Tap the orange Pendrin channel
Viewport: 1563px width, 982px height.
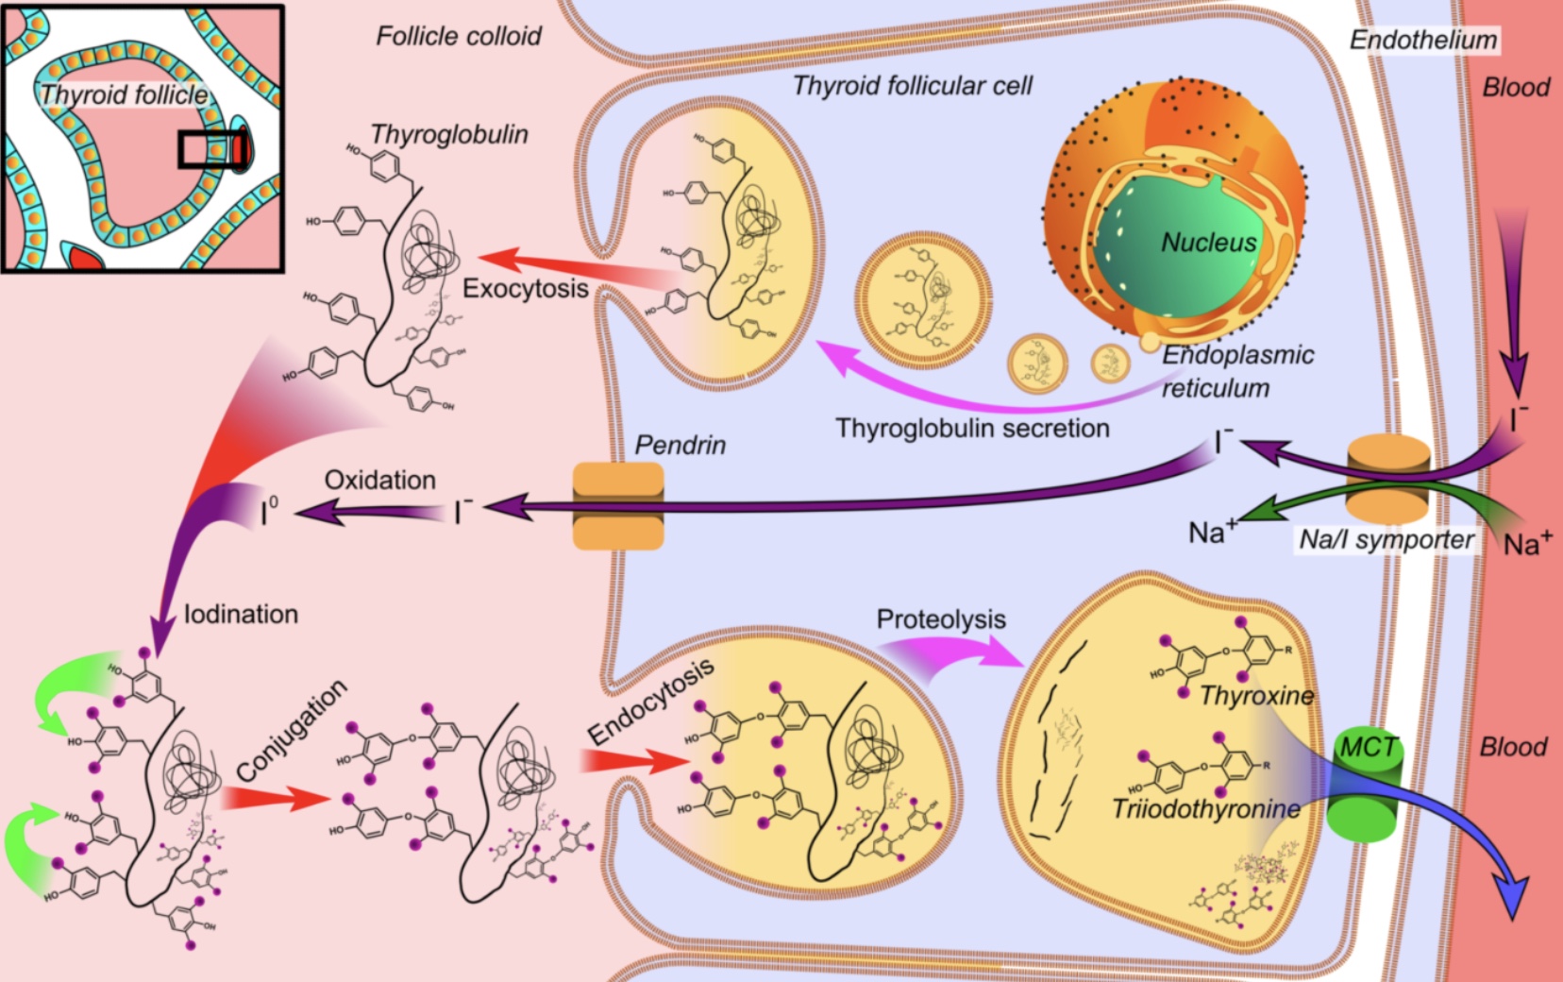click(x=618, y=505)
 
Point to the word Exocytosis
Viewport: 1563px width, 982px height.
click(x=525, y=288)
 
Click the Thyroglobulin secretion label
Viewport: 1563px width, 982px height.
click(x=972, y=428)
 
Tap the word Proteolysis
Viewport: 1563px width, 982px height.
click(x=941, y=619)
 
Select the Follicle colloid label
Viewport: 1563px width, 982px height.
click(x=459, y=37)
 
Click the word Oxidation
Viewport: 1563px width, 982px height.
click(x=379, y=480)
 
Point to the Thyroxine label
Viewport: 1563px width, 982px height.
click(x=1256, y=697)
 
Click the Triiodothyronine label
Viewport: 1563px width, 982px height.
click(x=1205, y=809)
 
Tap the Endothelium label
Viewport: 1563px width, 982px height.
click(x=1422, y=40)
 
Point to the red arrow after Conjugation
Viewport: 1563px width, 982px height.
click(x=274, y=798)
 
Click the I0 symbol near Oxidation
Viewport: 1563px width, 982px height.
click(x=270, y=513)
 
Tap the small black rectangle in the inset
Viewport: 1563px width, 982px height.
click(x=213, y=149)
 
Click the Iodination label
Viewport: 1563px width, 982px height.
click(x=241, y=615)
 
